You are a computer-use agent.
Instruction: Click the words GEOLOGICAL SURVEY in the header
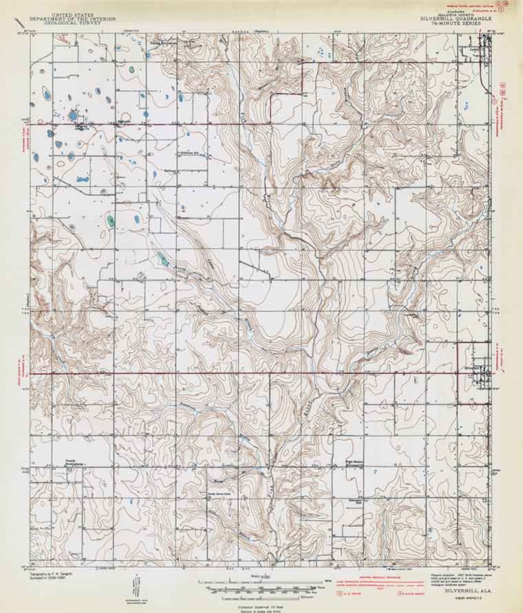(x=73, y=22)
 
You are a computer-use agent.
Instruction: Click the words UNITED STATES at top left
(x=73, y=16)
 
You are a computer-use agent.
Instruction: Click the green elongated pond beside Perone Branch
(x=164, y=261)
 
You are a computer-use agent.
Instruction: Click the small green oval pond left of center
(x=111, y=222)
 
